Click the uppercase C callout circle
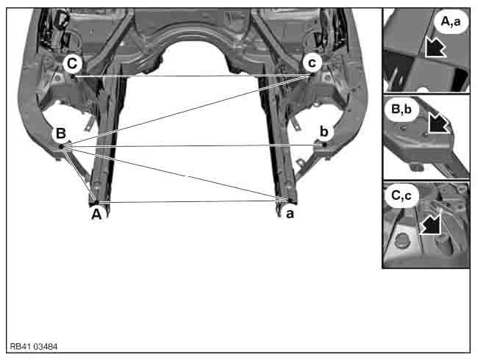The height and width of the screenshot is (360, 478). coord(72,64)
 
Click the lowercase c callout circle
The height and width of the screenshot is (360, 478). coord(312,63)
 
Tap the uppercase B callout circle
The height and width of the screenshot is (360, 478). coord(61,134)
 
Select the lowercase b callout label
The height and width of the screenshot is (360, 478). coord(324,132)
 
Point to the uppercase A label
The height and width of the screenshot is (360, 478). coord(96,215)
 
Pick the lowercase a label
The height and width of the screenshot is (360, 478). coord(290,214)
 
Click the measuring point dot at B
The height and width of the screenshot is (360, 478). coord(62,147)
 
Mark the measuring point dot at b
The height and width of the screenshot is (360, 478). coord(324,145)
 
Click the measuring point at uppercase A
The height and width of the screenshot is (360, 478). coord(96,202)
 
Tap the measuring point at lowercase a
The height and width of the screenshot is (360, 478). coord(289,200)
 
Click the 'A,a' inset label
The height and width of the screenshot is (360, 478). coord(451,21)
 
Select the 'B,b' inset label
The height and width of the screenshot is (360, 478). coord(401,109)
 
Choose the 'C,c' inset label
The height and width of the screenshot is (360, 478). coord(402,195)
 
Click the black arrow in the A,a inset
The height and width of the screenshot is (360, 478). coord(435,47)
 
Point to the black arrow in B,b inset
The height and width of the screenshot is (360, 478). coord(438,123)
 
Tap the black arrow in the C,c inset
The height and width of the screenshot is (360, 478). coord(431,224)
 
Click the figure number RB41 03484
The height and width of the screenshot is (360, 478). coord(34,347)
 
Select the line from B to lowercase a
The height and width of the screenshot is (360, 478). coord(175,173)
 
